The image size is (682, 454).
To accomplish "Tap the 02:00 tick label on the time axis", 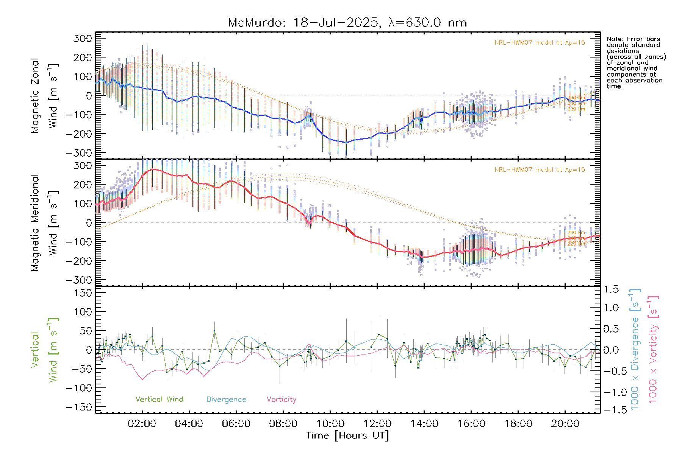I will pos(142,424).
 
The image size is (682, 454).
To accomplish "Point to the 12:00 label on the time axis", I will pos(377,424).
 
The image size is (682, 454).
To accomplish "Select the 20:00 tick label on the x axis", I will pos(565,424).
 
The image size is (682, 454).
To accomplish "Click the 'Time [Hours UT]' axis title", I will pos(347,435).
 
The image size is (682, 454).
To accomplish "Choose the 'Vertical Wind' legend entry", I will pos(159,400).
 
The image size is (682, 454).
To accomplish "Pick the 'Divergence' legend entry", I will pos(226,400).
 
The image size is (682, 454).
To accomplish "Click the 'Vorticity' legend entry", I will pos(281,400).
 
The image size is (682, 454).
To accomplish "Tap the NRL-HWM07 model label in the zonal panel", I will pos(540,43).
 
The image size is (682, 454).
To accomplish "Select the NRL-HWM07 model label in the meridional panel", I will pos(540,170).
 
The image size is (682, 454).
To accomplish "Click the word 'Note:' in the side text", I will pos(614,39).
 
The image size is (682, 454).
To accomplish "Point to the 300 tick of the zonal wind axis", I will pos(83,38).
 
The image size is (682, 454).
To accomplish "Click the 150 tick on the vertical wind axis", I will pos(83,293).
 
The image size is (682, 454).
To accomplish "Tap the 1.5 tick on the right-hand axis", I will pos(611,289).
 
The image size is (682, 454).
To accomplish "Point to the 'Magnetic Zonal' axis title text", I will pos(35,96).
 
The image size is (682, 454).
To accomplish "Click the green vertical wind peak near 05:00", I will pos(214,331).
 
